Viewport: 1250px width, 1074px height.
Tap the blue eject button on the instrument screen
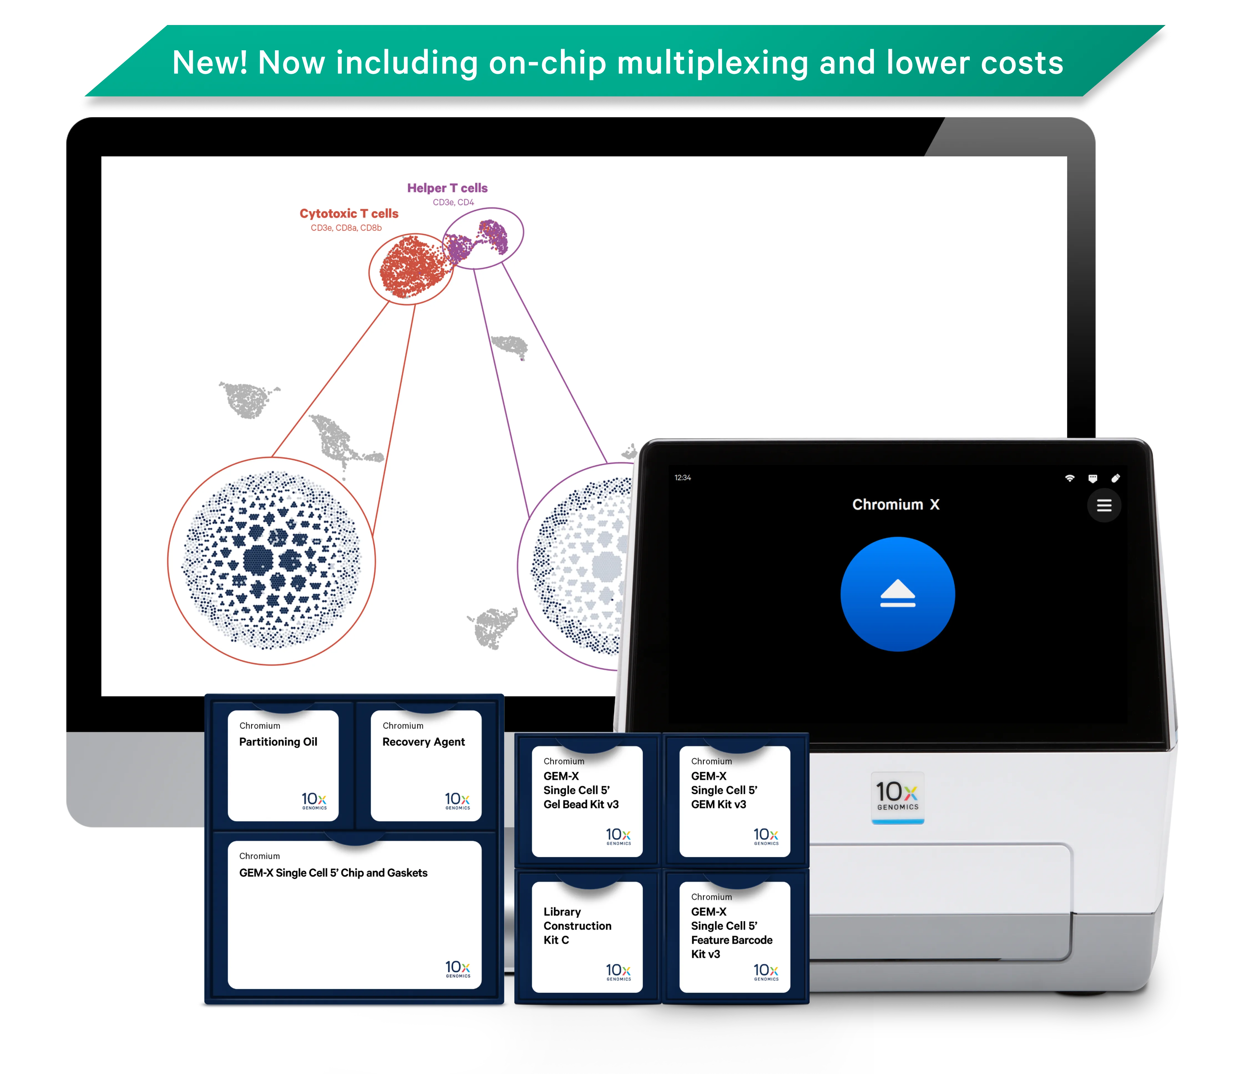click(x=897, y=594)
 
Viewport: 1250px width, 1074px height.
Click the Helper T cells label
click(x=447, y=188)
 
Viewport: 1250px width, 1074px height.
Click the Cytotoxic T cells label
click(x=349, y=214)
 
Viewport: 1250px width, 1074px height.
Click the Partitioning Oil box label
click(x=278, y=742)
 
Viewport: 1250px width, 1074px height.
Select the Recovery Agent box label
click(x=424, y=742)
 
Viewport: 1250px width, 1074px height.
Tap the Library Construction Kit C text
click(x=577, y=925)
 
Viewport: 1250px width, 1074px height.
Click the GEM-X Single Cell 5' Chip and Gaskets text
click(x=333, y=873)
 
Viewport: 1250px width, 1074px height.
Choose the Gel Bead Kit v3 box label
click(x=580, y=790)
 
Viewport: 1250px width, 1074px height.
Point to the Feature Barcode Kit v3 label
click(x=731, y=933)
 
